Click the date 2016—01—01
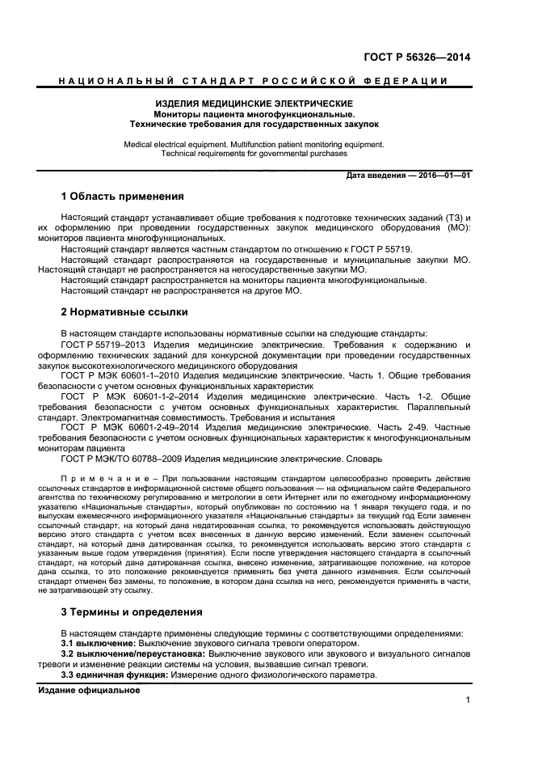click(444, 175)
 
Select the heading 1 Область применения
click(123, 197)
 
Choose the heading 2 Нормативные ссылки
click(124, 311)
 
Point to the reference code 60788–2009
click(160, 458)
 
